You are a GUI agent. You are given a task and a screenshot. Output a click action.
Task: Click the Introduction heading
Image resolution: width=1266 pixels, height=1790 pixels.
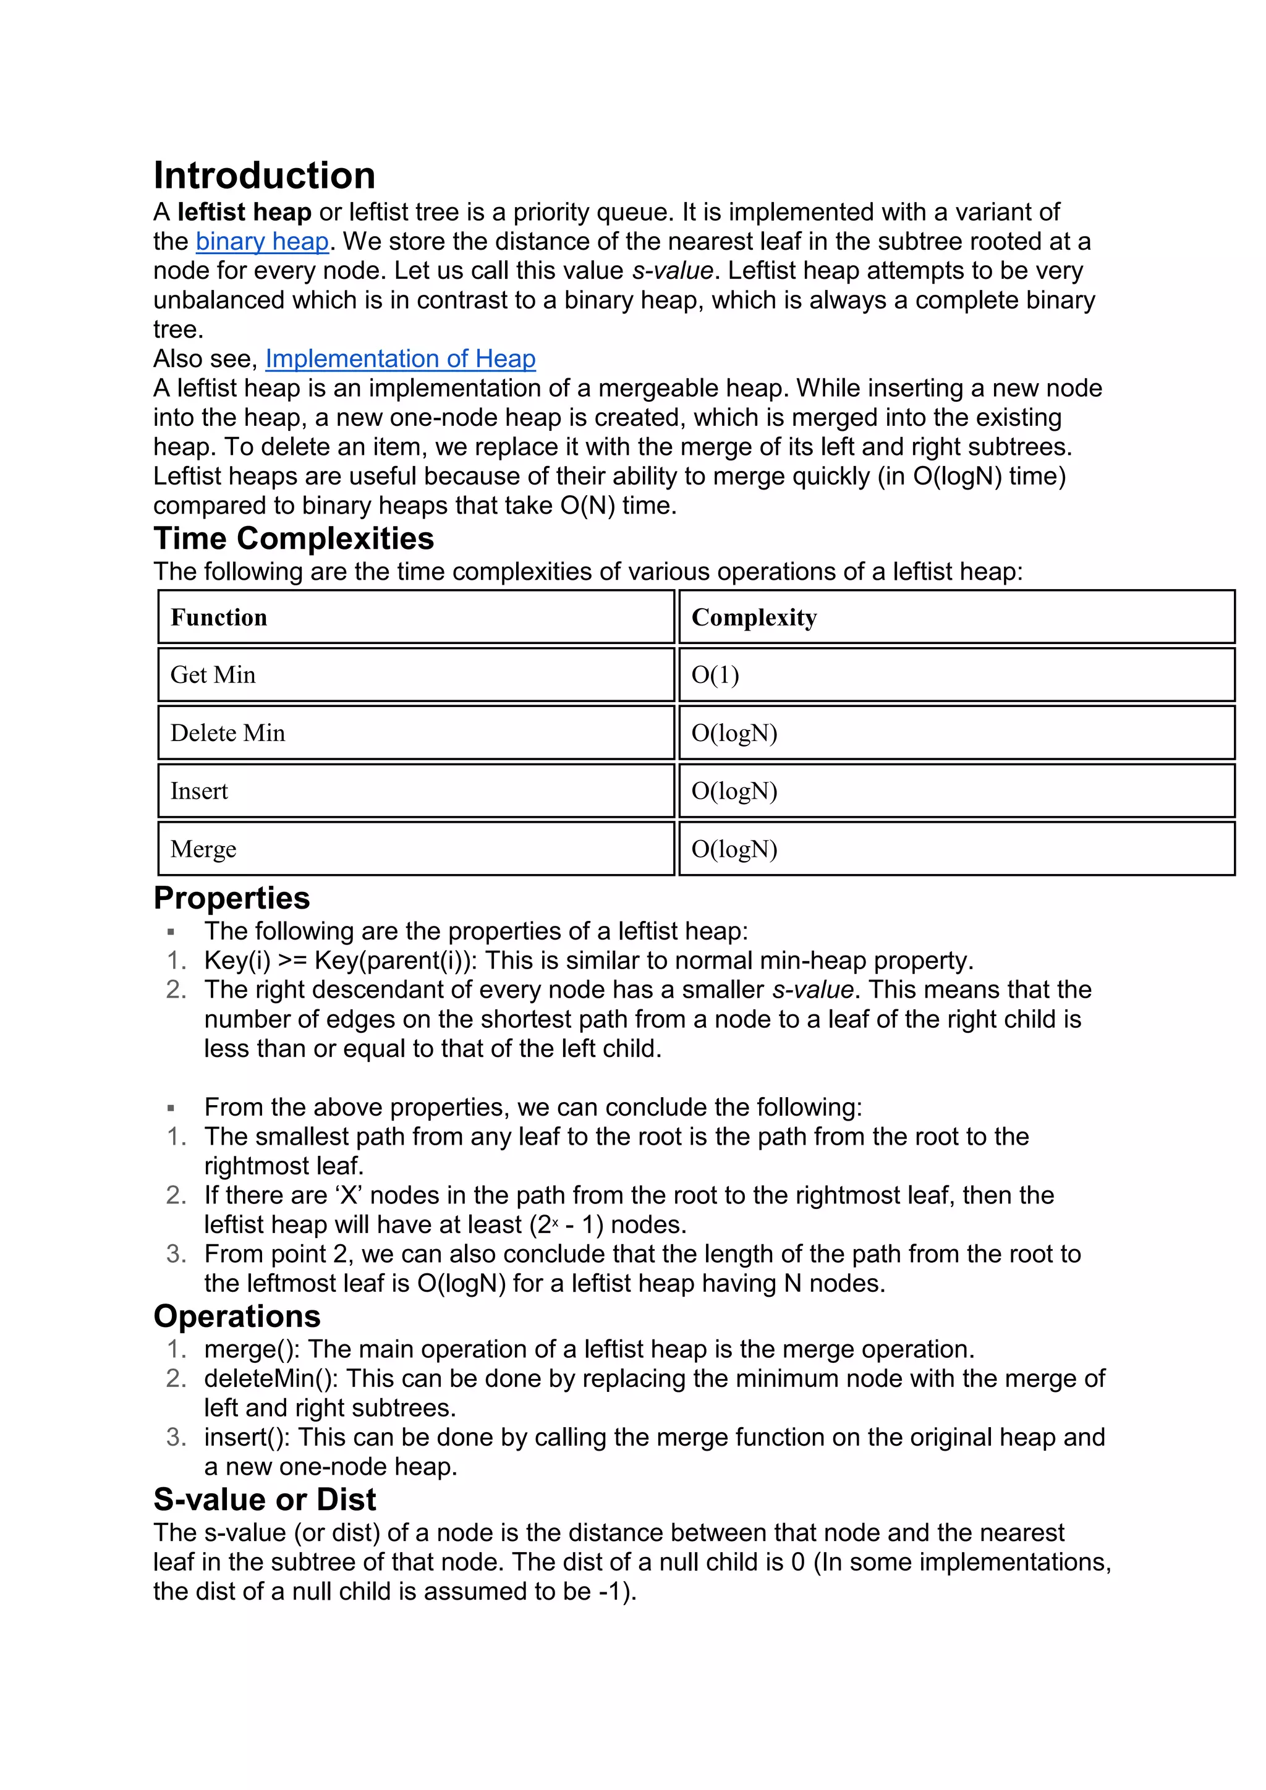(265, 176)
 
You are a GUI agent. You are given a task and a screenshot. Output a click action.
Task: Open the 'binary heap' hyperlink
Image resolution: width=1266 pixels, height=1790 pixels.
(262, 242)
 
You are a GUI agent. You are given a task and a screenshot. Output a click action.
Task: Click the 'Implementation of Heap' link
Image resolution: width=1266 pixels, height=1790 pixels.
(400, 358)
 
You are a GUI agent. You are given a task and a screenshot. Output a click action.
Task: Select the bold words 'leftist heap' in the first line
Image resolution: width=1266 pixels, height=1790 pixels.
(244, 212)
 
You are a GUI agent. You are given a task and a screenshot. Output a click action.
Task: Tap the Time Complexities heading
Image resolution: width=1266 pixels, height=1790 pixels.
(293, 539)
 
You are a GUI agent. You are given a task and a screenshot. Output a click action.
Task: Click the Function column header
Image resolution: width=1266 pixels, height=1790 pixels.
(219, 617)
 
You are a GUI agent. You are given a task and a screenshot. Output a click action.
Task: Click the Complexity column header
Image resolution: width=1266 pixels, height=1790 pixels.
(754, 617)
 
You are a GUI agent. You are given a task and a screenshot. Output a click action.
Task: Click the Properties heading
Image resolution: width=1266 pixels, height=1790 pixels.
(232, 898)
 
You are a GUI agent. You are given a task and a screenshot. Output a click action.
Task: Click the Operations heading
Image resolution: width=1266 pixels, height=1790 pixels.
(237, 1316)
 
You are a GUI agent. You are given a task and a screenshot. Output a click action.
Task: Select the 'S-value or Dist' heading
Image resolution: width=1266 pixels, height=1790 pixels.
(265, 1499)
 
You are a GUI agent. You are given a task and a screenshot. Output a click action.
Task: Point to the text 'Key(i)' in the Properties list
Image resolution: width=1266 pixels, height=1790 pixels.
(237, 961)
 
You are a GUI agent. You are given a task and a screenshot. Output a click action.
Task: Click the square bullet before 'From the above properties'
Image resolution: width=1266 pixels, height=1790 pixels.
(171, 1108)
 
